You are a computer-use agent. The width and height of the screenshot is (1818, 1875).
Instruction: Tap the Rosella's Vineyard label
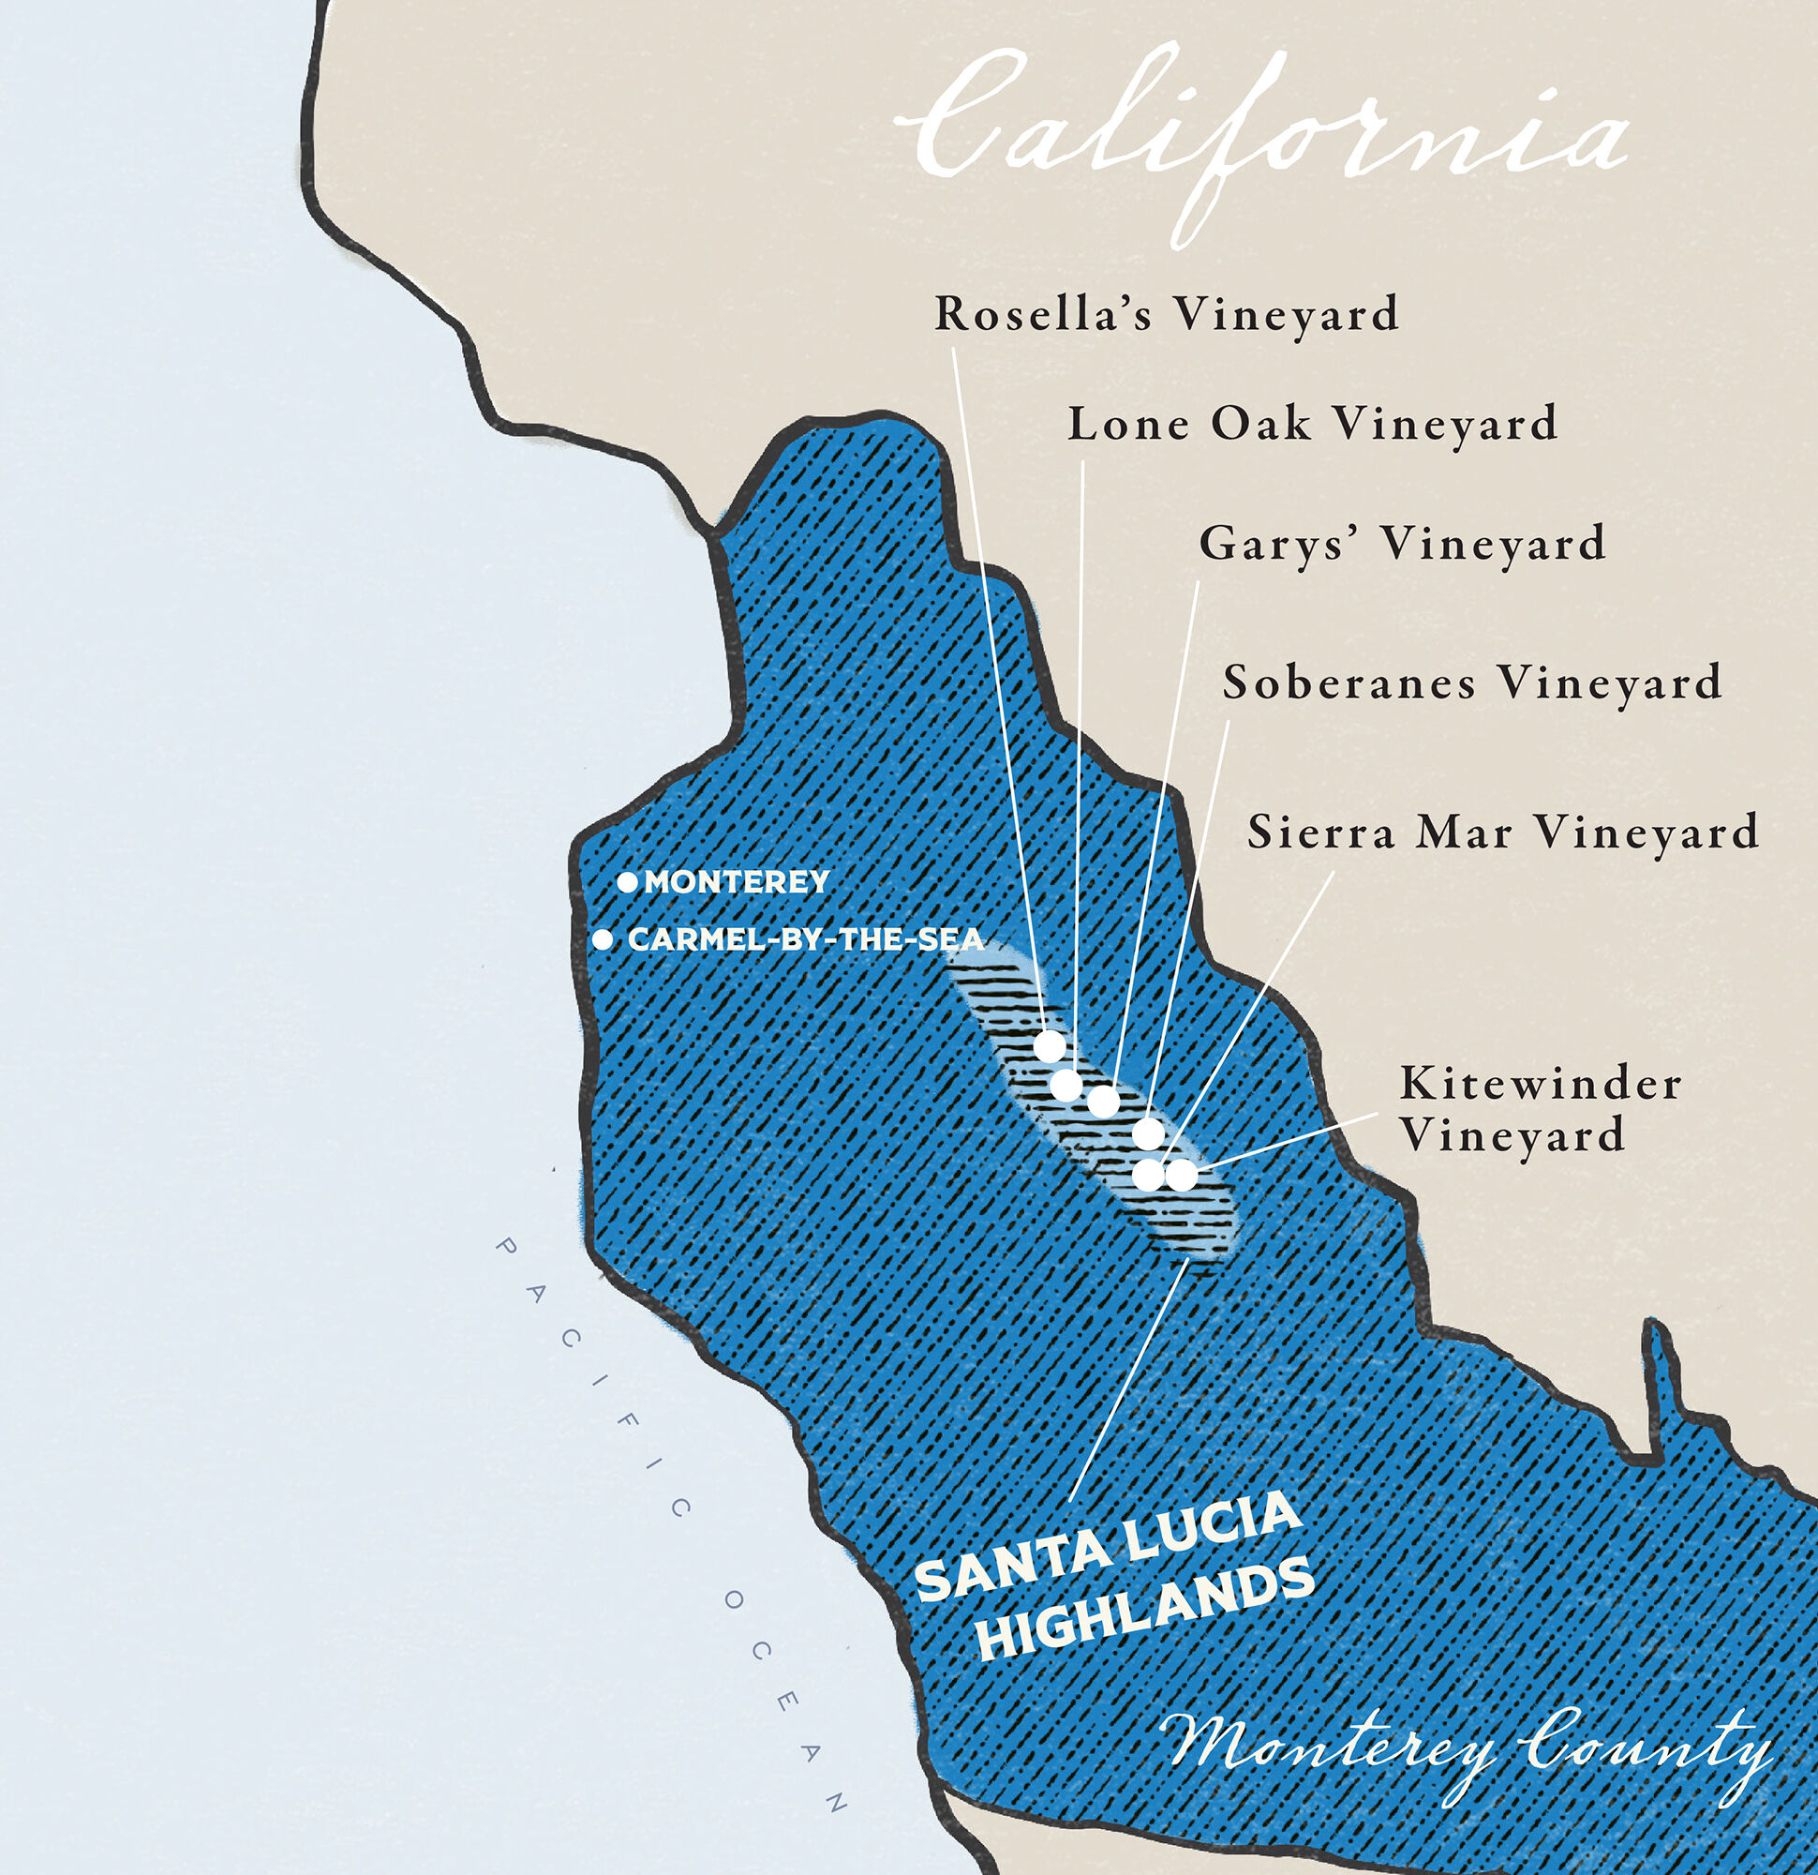coord(1166,314)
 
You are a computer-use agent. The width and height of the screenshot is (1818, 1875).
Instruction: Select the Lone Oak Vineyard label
coord(1311,424)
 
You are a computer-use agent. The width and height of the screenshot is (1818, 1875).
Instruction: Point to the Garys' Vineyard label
coord(1401,544)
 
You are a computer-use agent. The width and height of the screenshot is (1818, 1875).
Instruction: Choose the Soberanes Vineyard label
coord(1472,682)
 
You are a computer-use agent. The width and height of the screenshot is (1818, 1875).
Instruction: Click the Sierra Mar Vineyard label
coord(1502,832)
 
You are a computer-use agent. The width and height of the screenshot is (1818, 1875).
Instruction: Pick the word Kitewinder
coord(1539,1084)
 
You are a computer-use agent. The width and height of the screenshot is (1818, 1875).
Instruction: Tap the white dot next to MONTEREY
coord(626,882)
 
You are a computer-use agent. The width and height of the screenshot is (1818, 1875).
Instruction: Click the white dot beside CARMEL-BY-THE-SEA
coord(603,939)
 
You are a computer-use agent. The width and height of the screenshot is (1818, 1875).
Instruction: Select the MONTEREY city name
coord(737,882)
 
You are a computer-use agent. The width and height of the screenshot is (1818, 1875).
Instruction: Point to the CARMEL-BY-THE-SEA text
coord(805,939)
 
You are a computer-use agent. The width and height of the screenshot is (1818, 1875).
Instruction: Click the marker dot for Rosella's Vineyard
coord(1050,1046)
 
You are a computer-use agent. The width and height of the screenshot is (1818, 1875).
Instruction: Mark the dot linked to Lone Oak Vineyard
coord(1066,1085)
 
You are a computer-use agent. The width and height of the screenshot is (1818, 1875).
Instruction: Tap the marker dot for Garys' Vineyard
coord(1103,1101)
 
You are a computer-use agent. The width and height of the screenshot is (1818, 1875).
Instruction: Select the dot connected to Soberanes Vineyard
coord(1148,1133)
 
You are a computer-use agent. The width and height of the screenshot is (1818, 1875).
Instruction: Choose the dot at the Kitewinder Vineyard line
coord(1181,1174)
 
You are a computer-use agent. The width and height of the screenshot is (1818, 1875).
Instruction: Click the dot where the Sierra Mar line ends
coord(1149,1174)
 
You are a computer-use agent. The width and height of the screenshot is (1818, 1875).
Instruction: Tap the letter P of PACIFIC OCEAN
coord(506,1249)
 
